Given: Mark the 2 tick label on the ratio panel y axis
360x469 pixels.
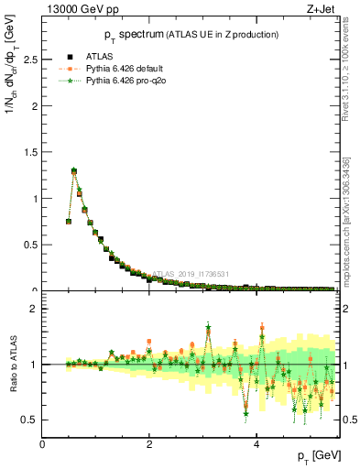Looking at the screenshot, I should [x=34, y=309].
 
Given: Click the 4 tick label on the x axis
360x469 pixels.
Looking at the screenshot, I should [x=256, y=445].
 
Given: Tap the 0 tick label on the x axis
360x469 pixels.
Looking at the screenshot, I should [x=42, y=445].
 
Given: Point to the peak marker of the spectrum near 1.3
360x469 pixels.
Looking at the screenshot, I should [x=74, y=170].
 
